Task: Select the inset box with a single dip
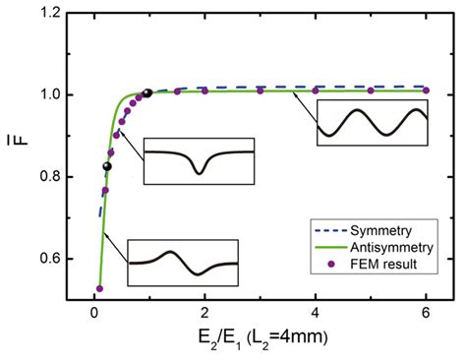(x=200, y=160)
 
